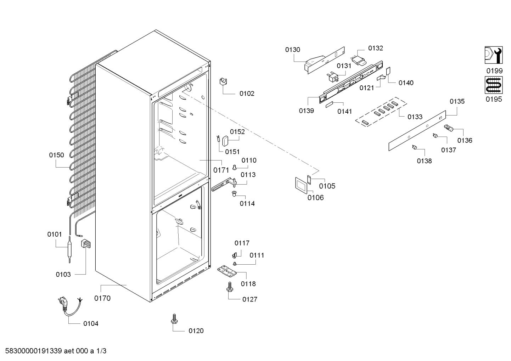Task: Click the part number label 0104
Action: (91, 323)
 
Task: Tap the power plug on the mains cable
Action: (63, 303)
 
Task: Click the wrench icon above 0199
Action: (494, 55)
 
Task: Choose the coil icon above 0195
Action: (494, 85)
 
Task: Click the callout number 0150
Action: (57, 155)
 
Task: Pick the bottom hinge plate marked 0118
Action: (227, 271)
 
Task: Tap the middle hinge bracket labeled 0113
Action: (224, 185)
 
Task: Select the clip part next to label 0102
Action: (223, 82)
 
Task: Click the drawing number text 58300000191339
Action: (34, 351)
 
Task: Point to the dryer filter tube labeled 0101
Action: (69, 250)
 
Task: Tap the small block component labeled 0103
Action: (85, 243)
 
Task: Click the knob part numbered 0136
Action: (449, 128)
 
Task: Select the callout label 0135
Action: (457, 101)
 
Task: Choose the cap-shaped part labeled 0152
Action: (225, 141)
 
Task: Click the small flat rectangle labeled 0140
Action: (388, 71)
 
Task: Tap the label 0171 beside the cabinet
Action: (221, 170)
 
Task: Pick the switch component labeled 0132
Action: (359, 60)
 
